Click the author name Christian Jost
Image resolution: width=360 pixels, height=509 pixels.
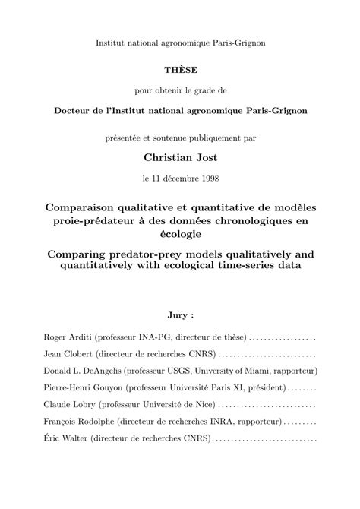(179, 157)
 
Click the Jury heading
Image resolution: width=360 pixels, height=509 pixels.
(179, 313)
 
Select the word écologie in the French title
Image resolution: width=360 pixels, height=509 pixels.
(179, 236)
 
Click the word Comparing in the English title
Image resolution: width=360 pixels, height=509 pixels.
(81, 251)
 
